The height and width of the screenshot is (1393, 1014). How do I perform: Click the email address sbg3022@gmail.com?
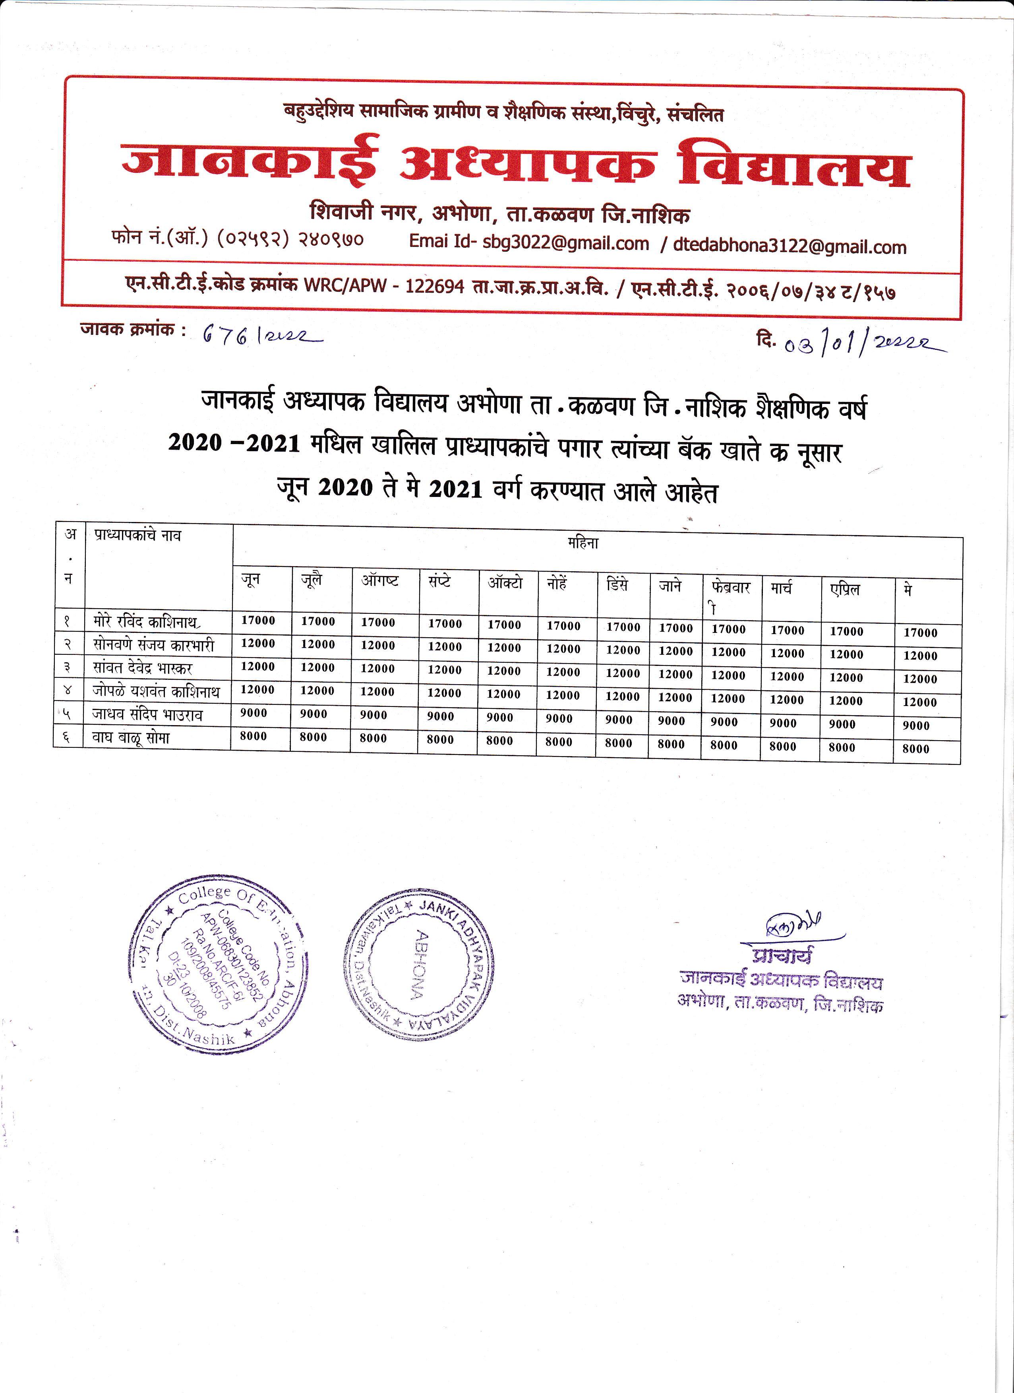tap(565, 243)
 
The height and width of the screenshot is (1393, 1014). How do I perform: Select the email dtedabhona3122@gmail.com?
tap(790, 246)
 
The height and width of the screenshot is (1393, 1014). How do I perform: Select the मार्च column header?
tap(782, 588)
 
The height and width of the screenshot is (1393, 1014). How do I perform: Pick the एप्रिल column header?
tap(845, 590)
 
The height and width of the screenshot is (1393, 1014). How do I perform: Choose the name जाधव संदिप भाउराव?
tap(147, 714)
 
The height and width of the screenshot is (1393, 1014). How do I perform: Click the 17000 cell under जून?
tap(258, 620)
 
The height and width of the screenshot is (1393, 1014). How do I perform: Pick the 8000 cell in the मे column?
tap(916, 749)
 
